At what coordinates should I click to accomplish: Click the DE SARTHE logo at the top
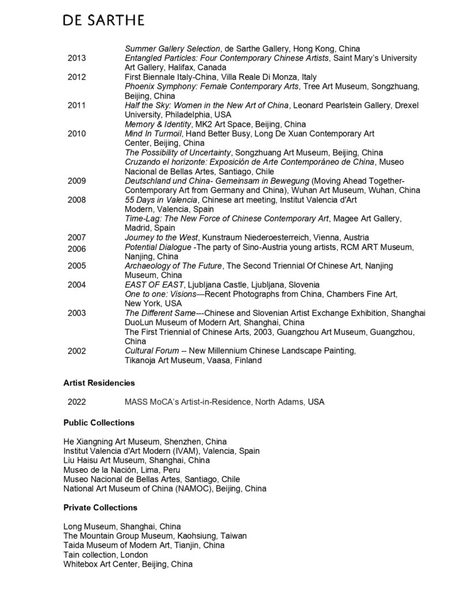[103, 20]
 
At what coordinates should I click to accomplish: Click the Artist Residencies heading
[99, 383]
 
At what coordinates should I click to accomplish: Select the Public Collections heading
[99, 422]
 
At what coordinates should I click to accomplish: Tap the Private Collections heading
[100, 508]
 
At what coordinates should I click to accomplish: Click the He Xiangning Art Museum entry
[145, 442]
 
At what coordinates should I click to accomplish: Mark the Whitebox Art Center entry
[128, 564]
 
